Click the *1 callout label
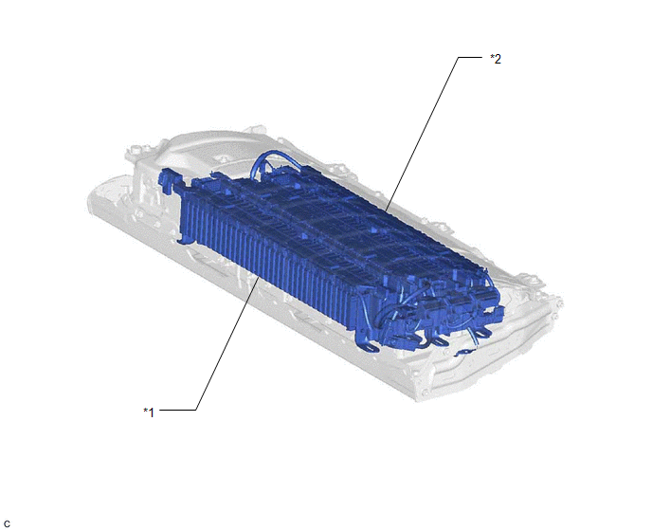pyautogui.click(x=149, y=412)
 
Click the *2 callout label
pyautogui.click(x=496, y=59)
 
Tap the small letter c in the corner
pyautogui.click(x=7, y=524)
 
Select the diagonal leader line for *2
pyautogui.click(x=422, y=134)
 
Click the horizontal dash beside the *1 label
pyautogui.click(x=177, y=410)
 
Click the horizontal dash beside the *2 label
pyautogui.click(x=470, y=57)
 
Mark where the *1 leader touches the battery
pyautogui.click(x=260, y=278)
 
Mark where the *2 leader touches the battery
pyautogui.click(x=386, y=211)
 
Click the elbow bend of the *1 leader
pyautogui.click(x=196, y=410)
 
